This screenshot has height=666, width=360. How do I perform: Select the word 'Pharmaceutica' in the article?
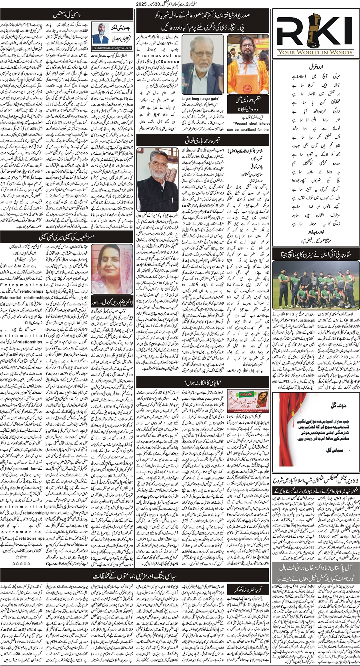coord(159,56)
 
